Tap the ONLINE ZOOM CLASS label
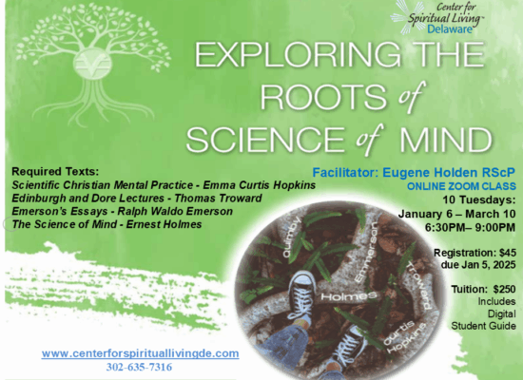tap(466, 187)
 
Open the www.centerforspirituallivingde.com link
tap(140, 353)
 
